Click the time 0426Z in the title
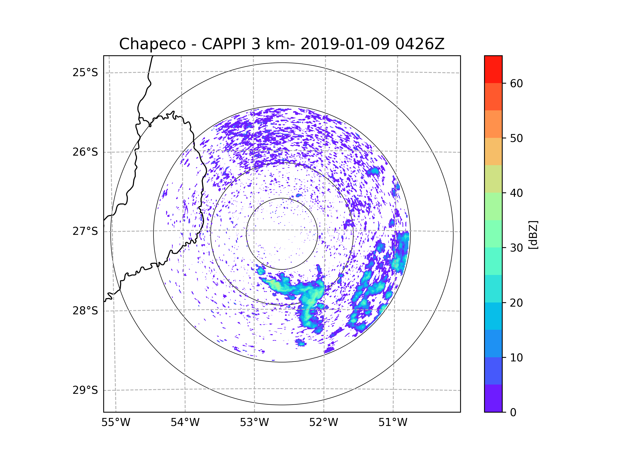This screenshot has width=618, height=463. click(x=420, y=44)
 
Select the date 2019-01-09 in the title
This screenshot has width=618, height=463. click(x=345, y=44)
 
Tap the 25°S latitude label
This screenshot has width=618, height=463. click(x=85, y=73)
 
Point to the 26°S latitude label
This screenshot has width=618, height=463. click(x=85, y=152)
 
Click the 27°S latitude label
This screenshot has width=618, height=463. click(x=85, y=231)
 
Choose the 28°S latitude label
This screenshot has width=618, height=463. click(x=85, y=311)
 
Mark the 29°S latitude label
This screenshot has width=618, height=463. click(x=85, y=390)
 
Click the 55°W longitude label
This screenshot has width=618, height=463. click(x=116, y=423)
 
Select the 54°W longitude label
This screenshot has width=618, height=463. click(x=185, y=423)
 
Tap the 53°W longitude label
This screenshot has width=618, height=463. click(x=254, y=423)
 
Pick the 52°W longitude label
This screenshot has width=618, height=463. click(x=323, y=423)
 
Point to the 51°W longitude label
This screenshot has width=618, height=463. click(x=393, y=423)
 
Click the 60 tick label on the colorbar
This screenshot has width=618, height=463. click(x=516, y=83)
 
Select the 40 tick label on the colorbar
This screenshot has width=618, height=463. click(x=516, y=193)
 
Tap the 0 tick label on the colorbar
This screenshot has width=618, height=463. click(x=513, y=413)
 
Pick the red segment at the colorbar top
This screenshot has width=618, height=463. click(x=493, y=69)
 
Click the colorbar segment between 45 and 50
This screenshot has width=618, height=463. click(x=493, y=152)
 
